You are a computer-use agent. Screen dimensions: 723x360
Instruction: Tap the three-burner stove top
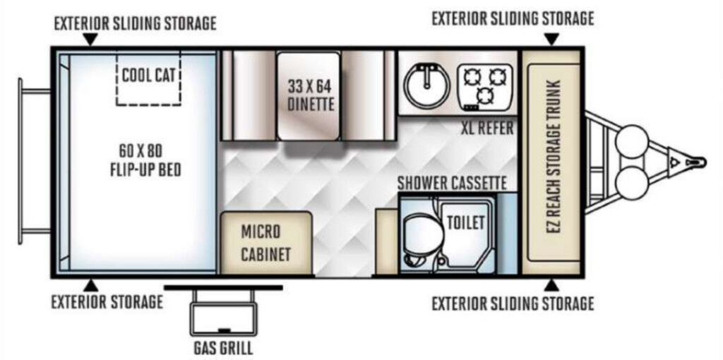(484, 87)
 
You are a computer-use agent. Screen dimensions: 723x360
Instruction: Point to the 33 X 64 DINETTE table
(309, 96)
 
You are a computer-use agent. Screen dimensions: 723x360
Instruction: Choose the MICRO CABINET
(265, 243)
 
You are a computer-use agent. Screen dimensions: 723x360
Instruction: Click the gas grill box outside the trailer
(223, 313)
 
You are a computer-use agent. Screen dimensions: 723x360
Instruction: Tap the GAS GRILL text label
(223, 347)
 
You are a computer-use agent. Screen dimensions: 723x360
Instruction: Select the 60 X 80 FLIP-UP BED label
(145, 160)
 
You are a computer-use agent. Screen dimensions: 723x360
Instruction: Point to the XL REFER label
(487, 128)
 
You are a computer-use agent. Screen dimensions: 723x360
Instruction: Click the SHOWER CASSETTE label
(452, 183)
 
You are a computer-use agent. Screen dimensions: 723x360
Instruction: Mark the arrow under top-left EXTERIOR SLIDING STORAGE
(90, 41)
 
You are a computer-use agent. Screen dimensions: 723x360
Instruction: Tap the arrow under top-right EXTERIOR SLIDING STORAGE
(551, 40)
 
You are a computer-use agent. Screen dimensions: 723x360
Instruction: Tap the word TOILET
(466, 222)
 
